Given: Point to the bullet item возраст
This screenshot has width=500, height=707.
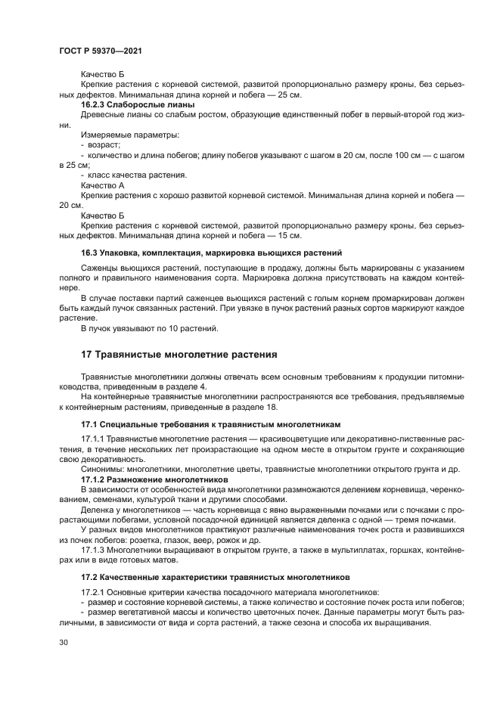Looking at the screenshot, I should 104,144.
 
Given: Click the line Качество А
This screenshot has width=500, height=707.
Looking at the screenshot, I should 102,185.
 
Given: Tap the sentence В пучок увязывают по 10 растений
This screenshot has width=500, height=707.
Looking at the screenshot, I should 150,328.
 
